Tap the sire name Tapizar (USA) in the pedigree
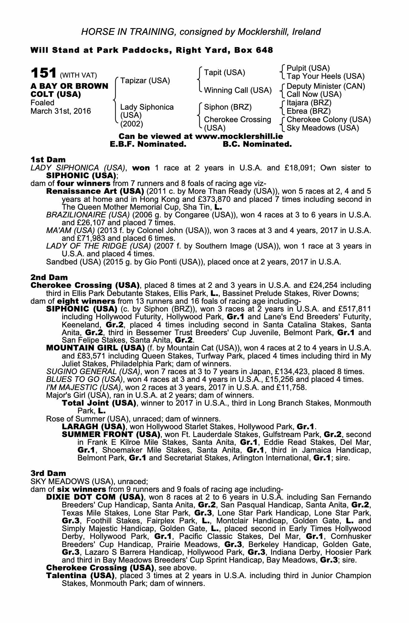(145, 81)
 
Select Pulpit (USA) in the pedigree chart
(308, 68)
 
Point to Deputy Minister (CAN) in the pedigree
(326, 86)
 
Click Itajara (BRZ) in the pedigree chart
(309, 103)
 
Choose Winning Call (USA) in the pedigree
(237, 90)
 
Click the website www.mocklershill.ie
(239, 136)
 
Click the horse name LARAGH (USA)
(93, 426)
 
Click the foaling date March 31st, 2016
(61, 111)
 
